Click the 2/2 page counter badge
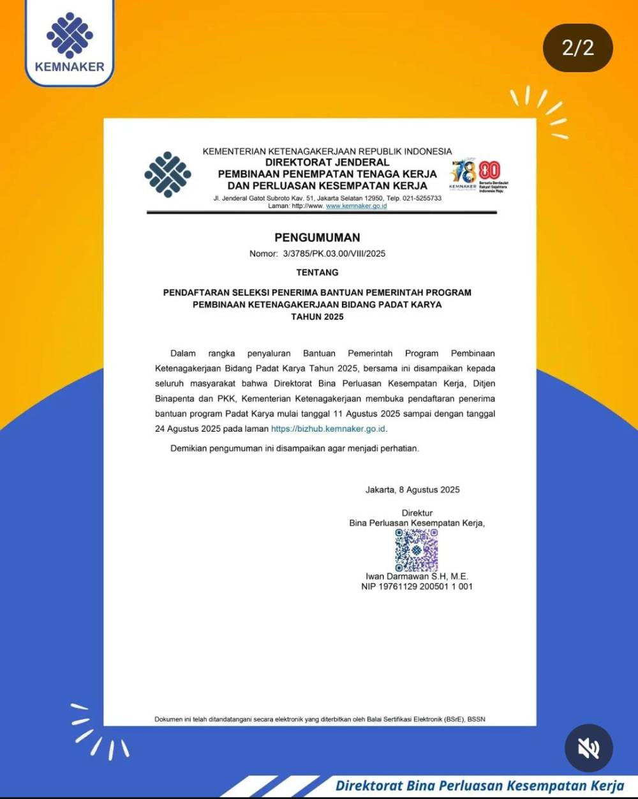click(577, 48)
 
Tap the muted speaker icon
click(588, 748)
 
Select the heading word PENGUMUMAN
click(317, 238)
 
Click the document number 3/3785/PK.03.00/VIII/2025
click(334, 254)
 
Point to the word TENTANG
click(317, 273)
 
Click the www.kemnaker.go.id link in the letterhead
click(356, 206)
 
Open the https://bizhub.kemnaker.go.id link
click(328, 429)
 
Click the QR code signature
click(416, 550)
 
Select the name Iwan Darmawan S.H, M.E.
click(417, 576)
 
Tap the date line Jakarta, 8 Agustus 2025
click(412, 490)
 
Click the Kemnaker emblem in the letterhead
click(168, 174)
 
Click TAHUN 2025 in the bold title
click(317, 317)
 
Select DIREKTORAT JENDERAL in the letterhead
click(327, 162)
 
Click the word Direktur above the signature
click(417, 513)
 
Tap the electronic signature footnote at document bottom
click(320, 719)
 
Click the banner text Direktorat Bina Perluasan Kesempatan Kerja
click(479, 786)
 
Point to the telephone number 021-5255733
click(420, 199)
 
